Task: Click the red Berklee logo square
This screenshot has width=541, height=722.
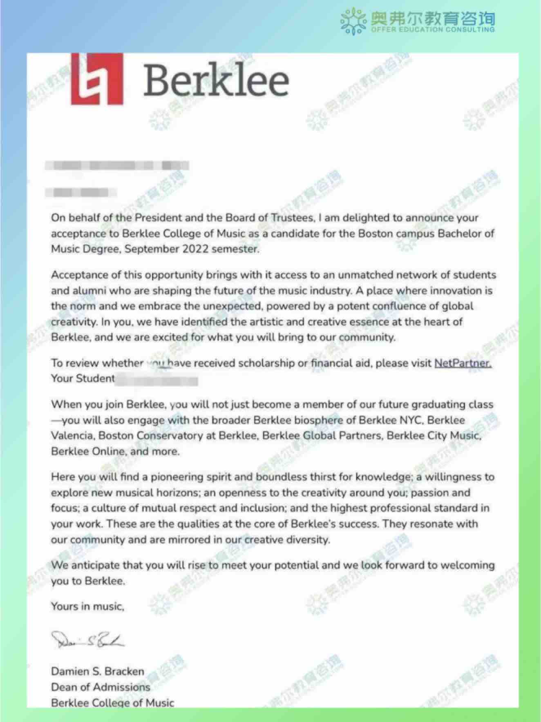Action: click(x=97, y=80)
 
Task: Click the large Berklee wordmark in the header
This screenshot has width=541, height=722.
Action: click(x=216, y=82)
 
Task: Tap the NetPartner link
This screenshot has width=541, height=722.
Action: click(x=463, y=363)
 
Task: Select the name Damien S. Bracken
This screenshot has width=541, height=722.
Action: click(x=98, y=671)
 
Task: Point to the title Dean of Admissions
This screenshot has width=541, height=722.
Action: click(x=101, y=687)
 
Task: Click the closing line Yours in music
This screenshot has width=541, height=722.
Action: click(x=87, y=606)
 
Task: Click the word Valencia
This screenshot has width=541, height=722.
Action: click(x=72, y=435)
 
